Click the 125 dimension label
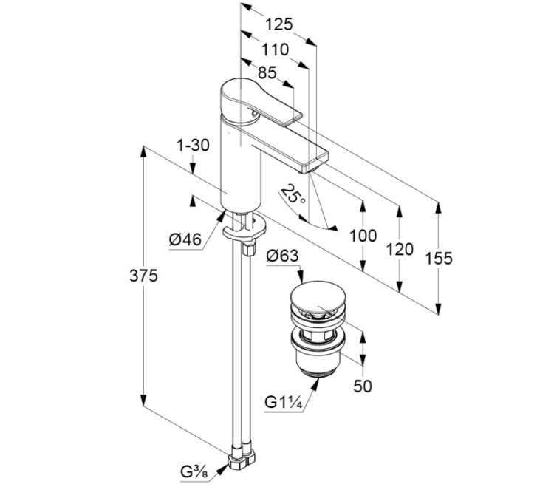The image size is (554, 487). point(278,24)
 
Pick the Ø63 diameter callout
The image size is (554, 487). point(281,256)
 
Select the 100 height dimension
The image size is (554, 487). point(363,236)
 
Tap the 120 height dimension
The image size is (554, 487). point(400,250)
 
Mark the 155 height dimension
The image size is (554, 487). point(439,259)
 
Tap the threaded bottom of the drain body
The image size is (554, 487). point(318,367)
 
